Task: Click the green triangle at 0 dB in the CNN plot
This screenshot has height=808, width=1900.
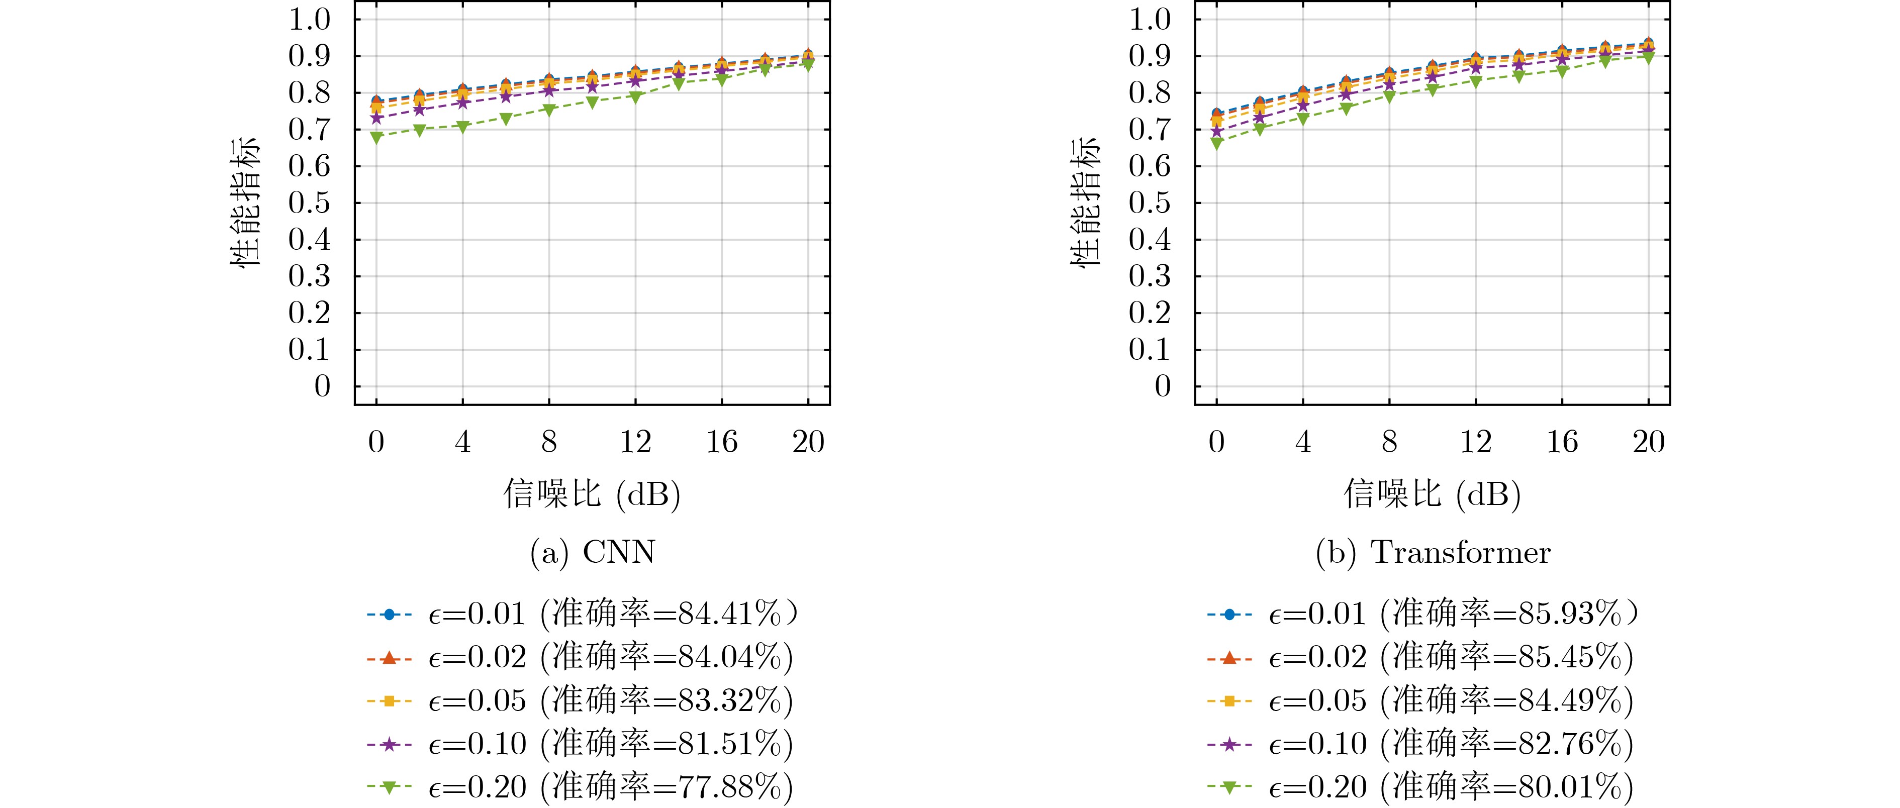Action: (x=376, y=137)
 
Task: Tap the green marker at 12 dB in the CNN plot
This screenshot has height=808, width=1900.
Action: (x=635, y=96)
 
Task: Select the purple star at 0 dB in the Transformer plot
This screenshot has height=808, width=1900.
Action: (x=1216, y=131)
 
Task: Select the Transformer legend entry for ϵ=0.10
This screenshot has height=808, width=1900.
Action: (x=1420, y=744)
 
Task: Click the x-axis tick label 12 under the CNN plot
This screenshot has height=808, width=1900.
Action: (x=635, y=442)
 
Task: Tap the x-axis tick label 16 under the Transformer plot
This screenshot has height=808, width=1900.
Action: (x=1562, y=442)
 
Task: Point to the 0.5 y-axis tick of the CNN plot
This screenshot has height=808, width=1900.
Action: (x=310, y=203)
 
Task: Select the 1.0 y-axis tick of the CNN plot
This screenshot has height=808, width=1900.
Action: (x=310, y=19)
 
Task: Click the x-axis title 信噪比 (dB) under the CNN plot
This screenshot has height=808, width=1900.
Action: (x=592, y=493)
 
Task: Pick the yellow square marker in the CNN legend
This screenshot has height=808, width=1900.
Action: (x=390, y=700)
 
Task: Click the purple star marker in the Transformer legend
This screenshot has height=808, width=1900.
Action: (x=1229, y=744)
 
